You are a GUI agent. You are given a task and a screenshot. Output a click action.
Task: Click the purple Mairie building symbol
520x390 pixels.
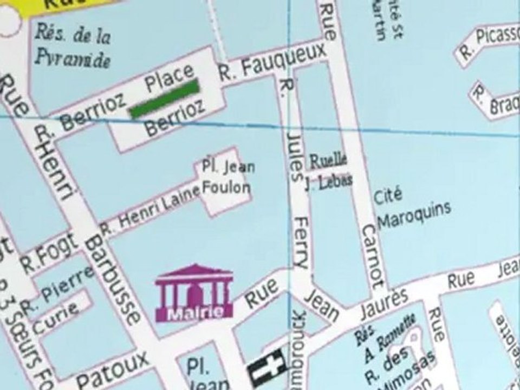(x=194, y=292)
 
